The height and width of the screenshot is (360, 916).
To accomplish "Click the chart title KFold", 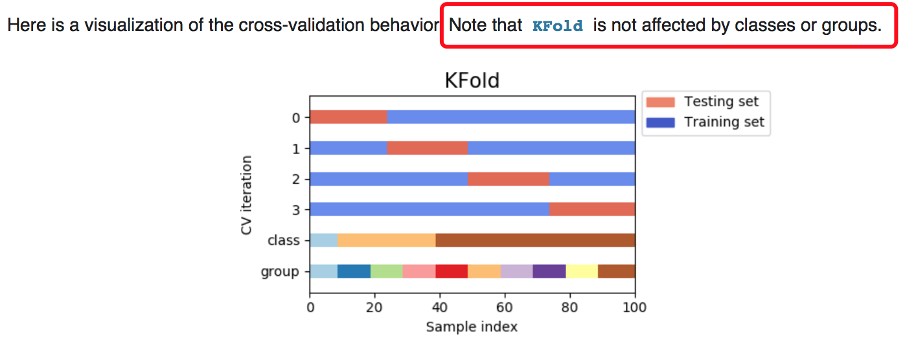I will click(472, 80).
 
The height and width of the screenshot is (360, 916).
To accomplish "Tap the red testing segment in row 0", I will click(349, 117).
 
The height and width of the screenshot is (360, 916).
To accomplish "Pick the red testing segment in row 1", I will click(427, 148).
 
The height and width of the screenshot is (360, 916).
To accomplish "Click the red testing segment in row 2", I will click(508, 179).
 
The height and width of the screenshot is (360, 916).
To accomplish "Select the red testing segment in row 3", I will click(591, 209).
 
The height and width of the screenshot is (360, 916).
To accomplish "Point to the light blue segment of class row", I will click(323, 240).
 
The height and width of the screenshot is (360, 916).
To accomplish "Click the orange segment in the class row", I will click(386, 240).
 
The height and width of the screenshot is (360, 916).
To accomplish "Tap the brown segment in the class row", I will click(535, 240).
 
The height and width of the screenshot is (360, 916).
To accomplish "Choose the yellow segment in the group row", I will click(582, 271).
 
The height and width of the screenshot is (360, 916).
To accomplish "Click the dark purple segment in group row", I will click(549, 271).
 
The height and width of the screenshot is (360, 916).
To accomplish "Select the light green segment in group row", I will click(386, 271).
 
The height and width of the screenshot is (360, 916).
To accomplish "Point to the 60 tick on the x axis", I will click(505, 308).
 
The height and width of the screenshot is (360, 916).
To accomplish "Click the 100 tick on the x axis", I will click(634, 308).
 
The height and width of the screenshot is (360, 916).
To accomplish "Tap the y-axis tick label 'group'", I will click(280, 272).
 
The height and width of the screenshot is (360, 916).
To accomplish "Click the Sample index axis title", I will click(472, 327).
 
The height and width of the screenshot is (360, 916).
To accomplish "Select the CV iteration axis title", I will click(247, 194).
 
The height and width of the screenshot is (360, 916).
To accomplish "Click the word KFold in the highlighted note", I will click(557, 27).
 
